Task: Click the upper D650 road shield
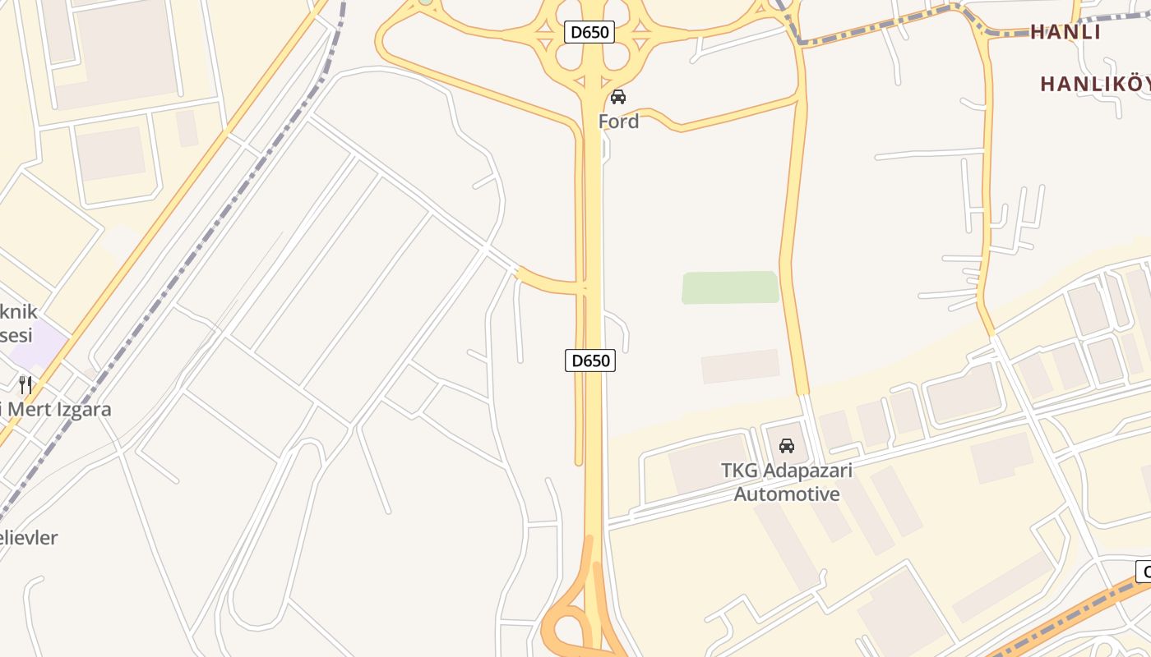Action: pyautogui.click(x=589, y=32)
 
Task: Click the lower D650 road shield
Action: pyautogui.click(x=589, y=360)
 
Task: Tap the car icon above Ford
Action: pyautogui.click(x=618, y=97)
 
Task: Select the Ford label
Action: pyautogui.click(x=618, y=122)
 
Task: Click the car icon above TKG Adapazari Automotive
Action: pyautogui.click(x=787, y=446)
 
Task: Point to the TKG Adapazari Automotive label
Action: pyautogui.click(x=787, y=482)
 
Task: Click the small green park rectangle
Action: pyautogui.click(x=730, y=287)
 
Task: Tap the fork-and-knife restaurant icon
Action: pyautogui.click(x=25, y=384)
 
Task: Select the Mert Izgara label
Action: pyautogui.click(x=58, y=409)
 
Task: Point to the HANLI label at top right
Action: pyautogui.click(x=1065, y=32)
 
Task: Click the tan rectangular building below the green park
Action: pyautogui.click(x=740, y=366)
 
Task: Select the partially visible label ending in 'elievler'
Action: pyautogui.click(x=29, y=538)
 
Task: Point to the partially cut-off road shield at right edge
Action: pyautogui.click(x=1143, y=572)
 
